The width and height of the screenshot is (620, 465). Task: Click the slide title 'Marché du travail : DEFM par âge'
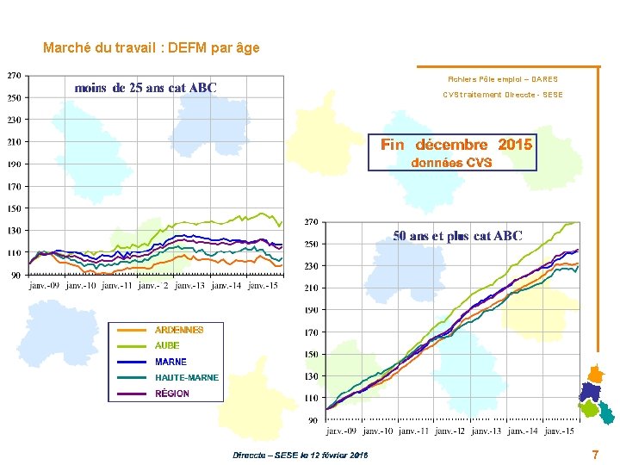pos(151,48)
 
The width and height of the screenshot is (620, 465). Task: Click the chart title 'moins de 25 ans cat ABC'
pos(146,88)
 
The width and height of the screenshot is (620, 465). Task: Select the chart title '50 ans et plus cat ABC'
pos(457,236)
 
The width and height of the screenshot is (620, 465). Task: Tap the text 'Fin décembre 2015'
pos(456,145)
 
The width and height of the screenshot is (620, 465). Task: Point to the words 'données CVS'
pos(452,163)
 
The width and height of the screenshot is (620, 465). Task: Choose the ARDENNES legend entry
pos(178,330)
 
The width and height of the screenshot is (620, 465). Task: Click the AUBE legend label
pos(167,345)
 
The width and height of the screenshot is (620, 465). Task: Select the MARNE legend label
pos(170,362)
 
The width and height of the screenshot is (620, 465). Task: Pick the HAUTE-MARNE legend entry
pos(186,377)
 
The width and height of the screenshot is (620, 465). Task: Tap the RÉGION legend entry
pos(172,394)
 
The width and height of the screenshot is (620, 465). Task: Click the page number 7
pos(595,455)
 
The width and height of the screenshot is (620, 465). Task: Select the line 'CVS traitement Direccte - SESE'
pos(503,95)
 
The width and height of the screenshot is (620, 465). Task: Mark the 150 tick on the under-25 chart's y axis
pos(15,208)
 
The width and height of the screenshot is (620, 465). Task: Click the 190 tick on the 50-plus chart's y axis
pos(311,310)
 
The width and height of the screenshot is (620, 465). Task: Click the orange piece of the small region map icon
pos(595,375)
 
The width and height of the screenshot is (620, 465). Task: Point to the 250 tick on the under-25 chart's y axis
pos(15,97)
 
